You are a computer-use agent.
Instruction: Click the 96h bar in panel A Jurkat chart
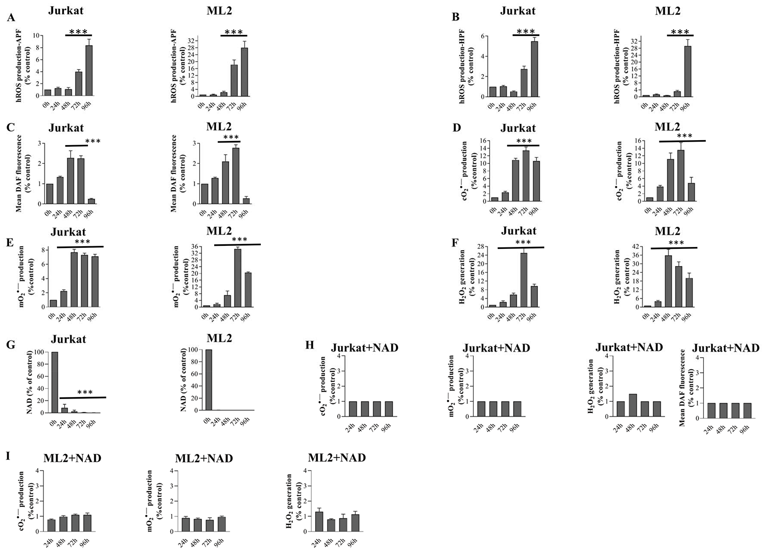89,70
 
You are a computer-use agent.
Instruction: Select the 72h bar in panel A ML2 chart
234,80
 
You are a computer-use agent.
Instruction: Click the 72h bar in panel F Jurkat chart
524,280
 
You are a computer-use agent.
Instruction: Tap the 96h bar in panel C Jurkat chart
91,201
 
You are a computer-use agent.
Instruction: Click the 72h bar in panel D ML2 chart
680,175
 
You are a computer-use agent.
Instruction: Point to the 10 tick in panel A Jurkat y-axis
36,36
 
